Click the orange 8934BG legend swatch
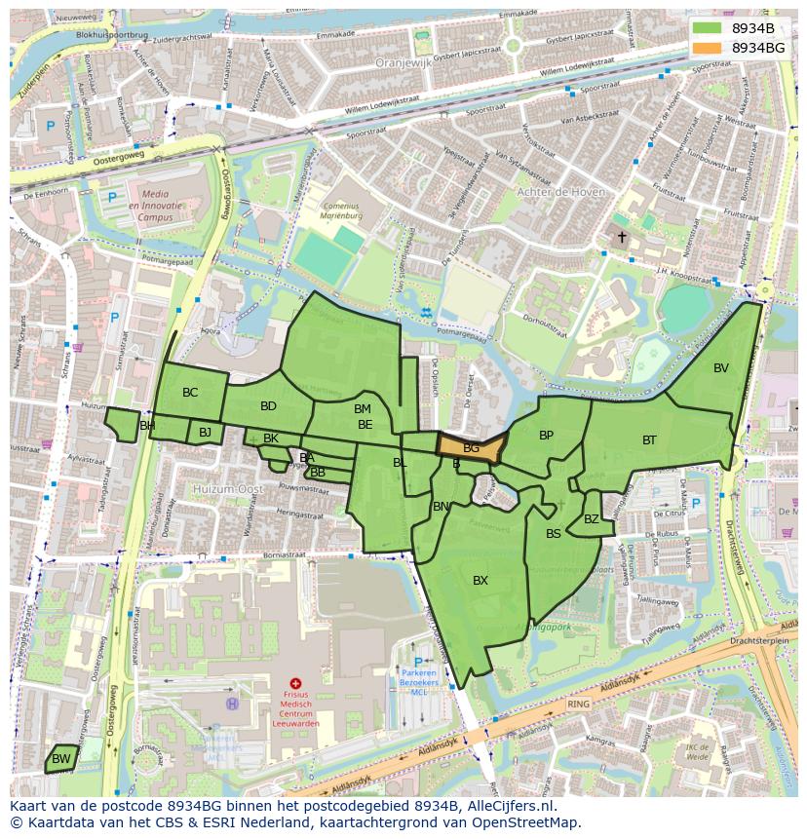tap(709, 47)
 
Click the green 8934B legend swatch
tap(709, 28)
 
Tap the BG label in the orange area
tap(471, 448)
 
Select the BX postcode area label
tap(480, 581)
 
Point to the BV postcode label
tap(721, 368)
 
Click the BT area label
tap(649, 440)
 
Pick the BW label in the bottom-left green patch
tap(60, 759)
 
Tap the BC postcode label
tap(190, 393)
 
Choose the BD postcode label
tap(268, 406)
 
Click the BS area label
tap(554, 534)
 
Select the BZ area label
tap(592, 519)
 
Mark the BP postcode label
tap(546, 436)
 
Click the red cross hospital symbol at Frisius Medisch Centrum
tap(295, 684)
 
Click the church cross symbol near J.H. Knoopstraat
tap(622, 237)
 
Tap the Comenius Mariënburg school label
tap(342, 211)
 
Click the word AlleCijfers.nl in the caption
tap(507, 806)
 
